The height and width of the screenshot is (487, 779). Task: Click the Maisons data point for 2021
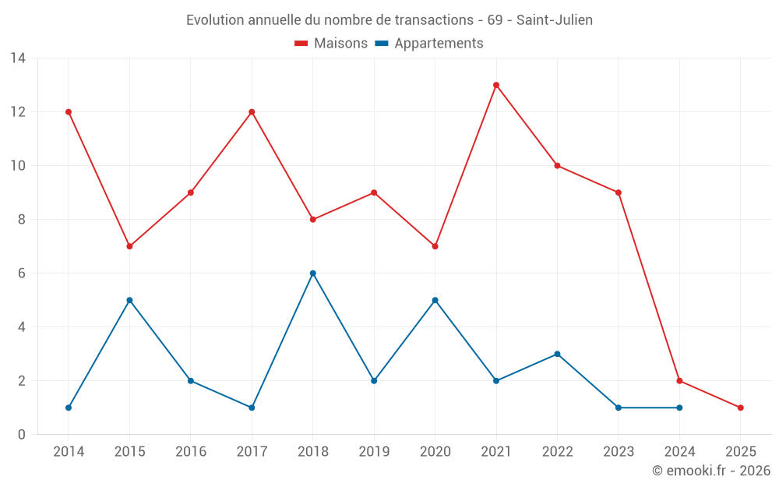[496, 85]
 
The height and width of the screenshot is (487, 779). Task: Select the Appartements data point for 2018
[313, 273]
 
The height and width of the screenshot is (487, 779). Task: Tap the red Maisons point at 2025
[740, 408]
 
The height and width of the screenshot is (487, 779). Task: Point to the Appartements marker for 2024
[679, 408]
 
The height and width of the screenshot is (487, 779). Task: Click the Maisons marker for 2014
[69, 112]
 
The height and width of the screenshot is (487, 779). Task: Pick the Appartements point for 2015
[129, 300]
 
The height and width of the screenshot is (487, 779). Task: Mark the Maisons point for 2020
[435, 246]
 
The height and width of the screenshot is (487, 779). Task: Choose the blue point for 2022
[557, 354]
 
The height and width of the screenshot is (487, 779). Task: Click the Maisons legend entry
[331, 44]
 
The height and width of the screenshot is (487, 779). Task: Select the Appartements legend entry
[429, 44]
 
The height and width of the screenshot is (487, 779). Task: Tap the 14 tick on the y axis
[18, 58]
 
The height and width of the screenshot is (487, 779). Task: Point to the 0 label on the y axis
[22, 435]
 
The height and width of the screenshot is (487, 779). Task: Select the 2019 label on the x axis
[374, 451]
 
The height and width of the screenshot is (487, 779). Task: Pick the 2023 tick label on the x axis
[619, 451]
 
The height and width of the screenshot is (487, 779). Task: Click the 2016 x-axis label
[191, 451]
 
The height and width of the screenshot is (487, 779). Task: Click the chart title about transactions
[389, 20]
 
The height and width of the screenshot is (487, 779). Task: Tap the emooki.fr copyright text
[710, 471]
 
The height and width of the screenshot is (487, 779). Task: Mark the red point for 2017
[252, 112]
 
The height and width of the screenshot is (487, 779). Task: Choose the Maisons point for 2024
[679, 381]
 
